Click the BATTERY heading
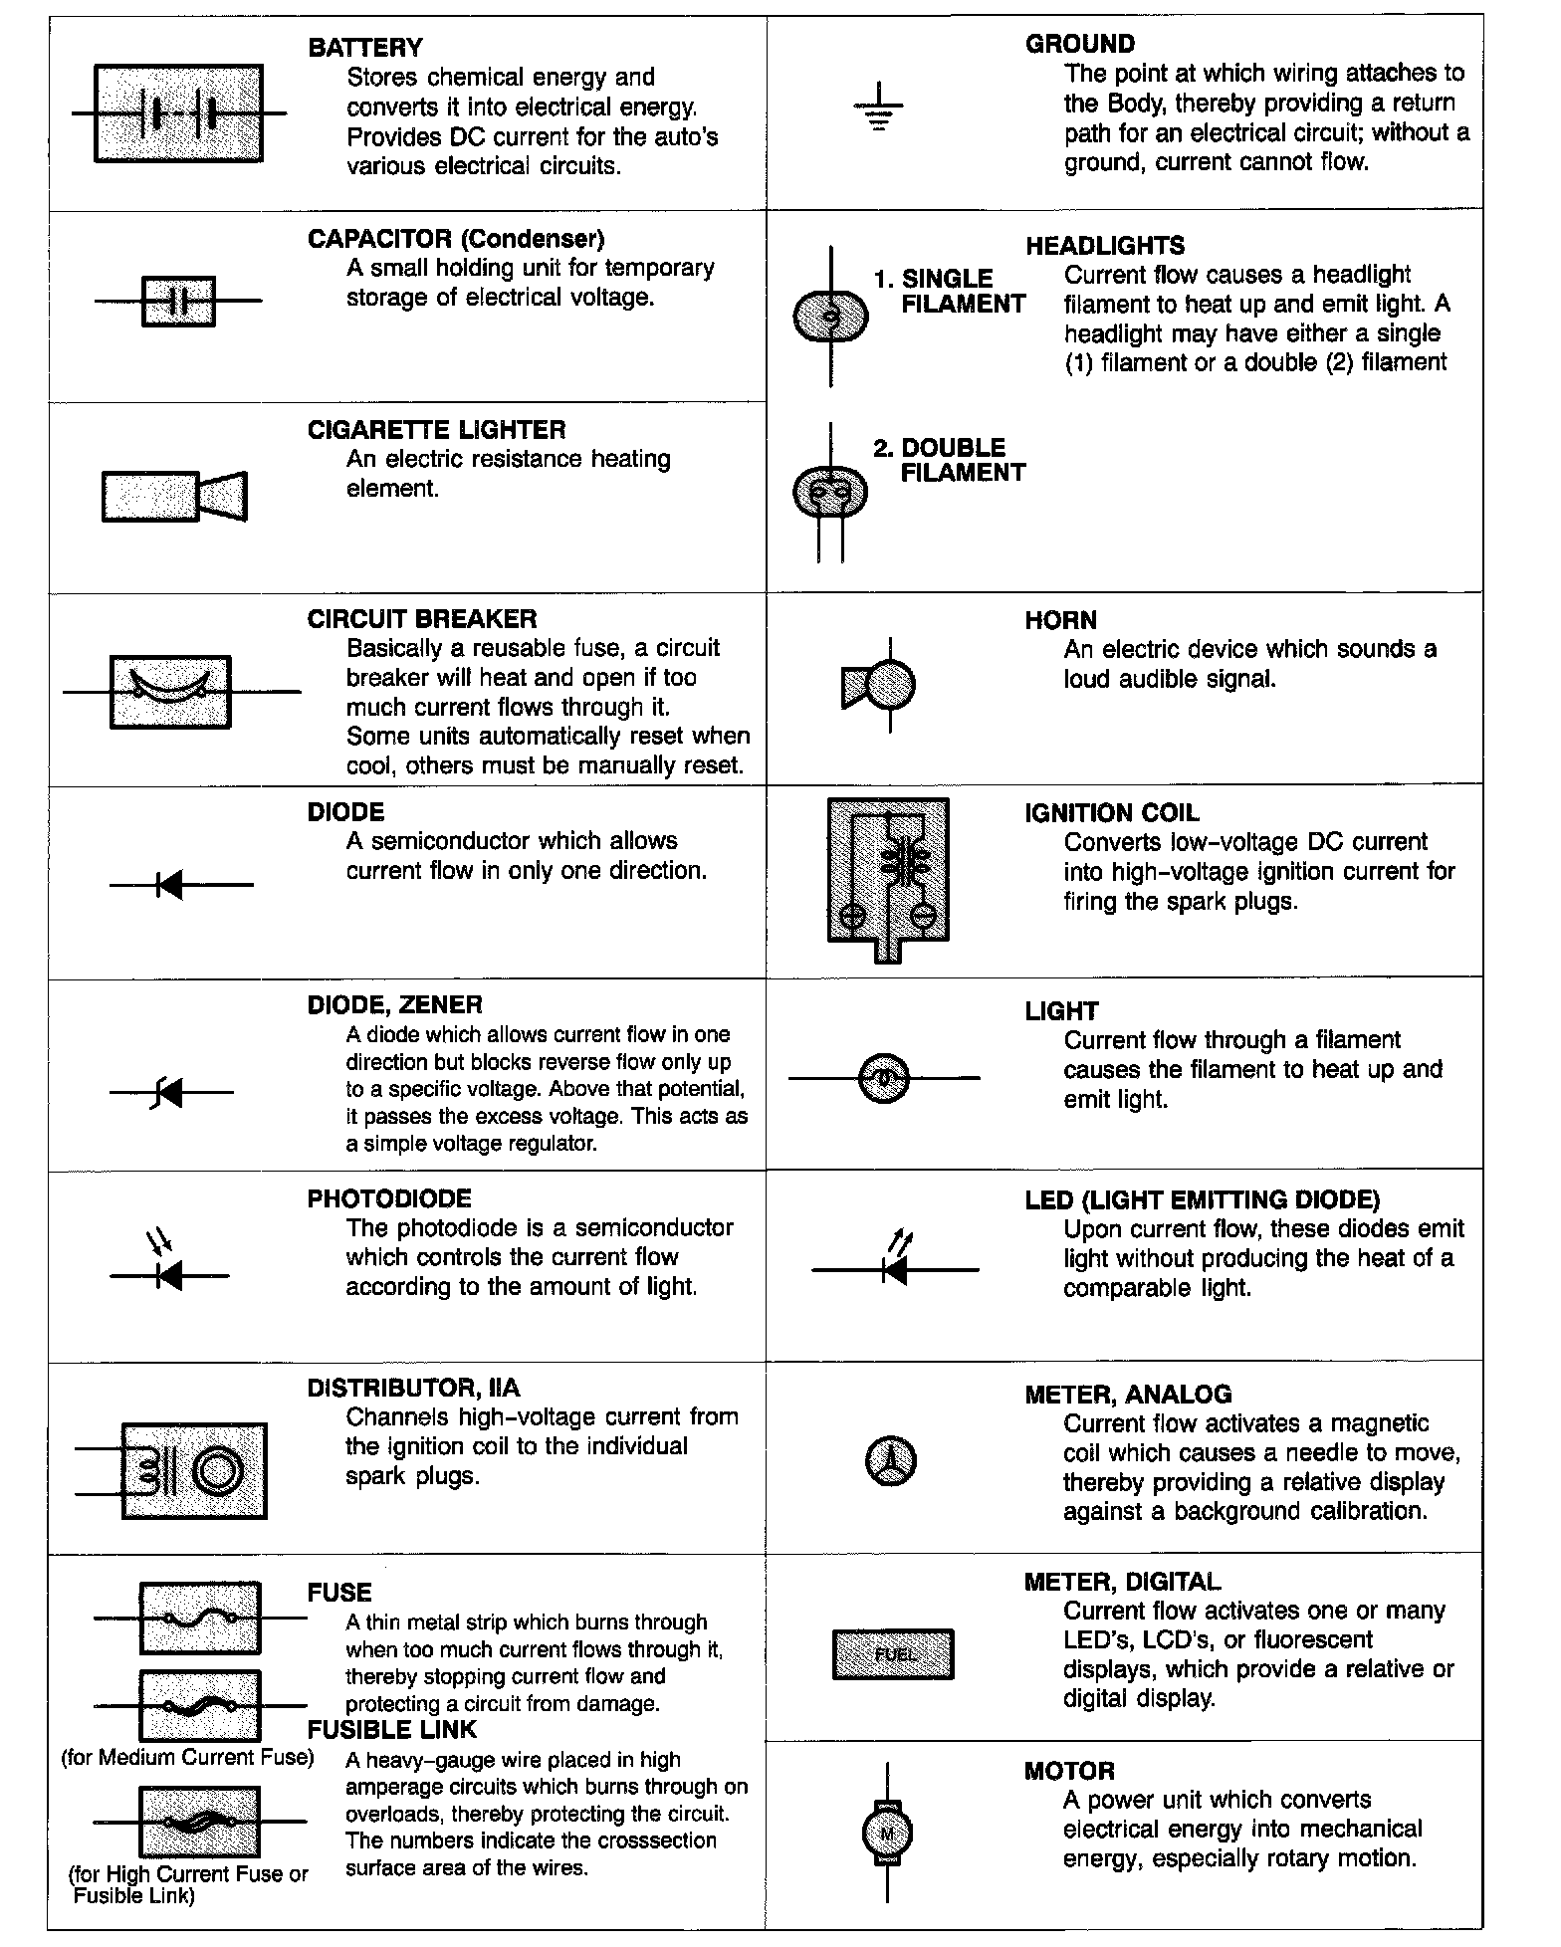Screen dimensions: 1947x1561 (364, 48)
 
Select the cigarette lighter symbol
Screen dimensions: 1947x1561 (174, 496)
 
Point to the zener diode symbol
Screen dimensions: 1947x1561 (171, 1093)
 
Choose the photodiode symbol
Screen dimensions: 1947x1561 (169, 1270)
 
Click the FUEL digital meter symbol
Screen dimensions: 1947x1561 (893, 1654)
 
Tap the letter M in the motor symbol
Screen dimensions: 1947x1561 (887, 1833)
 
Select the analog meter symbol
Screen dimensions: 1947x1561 (889, 1462)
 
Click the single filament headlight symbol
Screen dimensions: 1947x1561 (830, 318)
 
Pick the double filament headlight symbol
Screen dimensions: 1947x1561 (830, 490)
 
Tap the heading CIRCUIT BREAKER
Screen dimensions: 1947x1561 (421, 619)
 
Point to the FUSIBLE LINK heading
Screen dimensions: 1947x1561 (392, 1729)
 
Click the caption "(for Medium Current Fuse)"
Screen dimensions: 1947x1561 (187, 1757)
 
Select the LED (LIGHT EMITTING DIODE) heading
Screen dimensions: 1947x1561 (1202, 1199)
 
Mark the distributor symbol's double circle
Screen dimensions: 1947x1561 (216, 1470)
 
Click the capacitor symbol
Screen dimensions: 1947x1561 (178, 301)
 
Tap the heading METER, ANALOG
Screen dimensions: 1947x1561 (1128, 1394)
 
